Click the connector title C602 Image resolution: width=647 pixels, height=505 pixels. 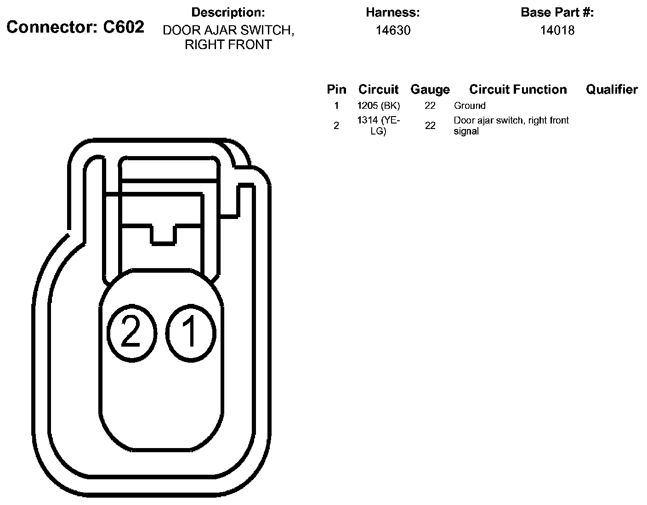click(x=75, y=27)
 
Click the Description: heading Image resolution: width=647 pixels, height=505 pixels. click(x=228, y=12)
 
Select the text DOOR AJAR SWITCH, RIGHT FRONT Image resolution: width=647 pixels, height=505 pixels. click(x=228, y=38)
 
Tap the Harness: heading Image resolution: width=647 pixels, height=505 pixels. click(x=393, y=12)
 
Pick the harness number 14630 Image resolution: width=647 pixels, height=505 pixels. click(x=393, y=30)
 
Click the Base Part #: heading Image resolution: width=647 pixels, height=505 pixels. click(x=557, y=12)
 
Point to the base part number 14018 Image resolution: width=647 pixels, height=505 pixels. click(x=557, y=30)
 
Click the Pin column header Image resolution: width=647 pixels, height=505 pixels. click(x=336, y=89)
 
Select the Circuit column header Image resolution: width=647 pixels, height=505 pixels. click(x=379, y=89)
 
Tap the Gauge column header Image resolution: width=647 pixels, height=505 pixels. click(x=430, y=90)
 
